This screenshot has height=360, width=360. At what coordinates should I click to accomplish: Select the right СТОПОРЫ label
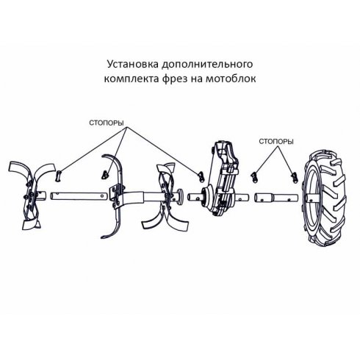[x=278, y=140]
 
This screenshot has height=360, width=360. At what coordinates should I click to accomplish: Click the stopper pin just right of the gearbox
[x=255, y=175]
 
